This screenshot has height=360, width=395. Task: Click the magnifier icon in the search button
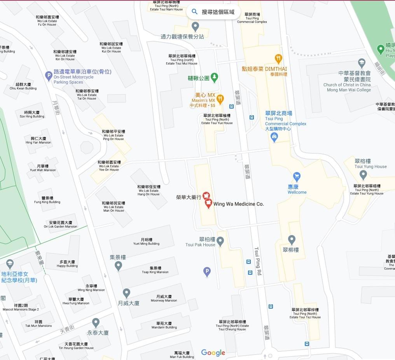pos(195,12)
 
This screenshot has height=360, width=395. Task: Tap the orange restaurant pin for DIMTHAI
pos(278,59)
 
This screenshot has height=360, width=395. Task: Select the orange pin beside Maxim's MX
pos(220,99)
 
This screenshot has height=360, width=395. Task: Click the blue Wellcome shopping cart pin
pos(297,176)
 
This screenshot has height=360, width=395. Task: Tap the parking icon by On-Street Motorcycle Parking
pos(49,76)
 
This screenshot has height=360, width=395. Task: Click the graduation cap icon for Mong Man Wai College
pos(362,63)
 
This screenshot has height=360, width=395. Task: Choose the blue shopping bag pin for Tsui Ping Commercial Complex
pos(274,137)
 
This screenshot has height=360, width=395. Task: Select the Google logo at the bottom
pos(213,353)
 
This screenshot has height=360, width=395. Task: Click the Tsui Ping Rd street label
pos(257,261)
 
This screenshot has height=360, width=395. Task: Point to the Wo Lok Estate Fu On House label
pos(47,21)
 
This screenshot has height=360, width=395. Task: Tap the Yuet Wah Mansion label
pos(43,168)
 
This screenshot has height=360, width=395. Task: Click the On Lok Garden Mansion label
pos(60,224)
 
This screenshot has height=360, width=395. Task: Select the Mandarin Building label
pos(164,325)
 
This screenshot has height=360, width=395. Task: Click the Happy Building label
pos(67,264)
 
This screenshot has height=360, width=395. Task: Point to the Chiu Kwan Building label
pos(23,86)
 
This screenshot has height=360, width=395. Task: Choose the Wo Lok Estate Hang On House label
pos(149,190)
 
